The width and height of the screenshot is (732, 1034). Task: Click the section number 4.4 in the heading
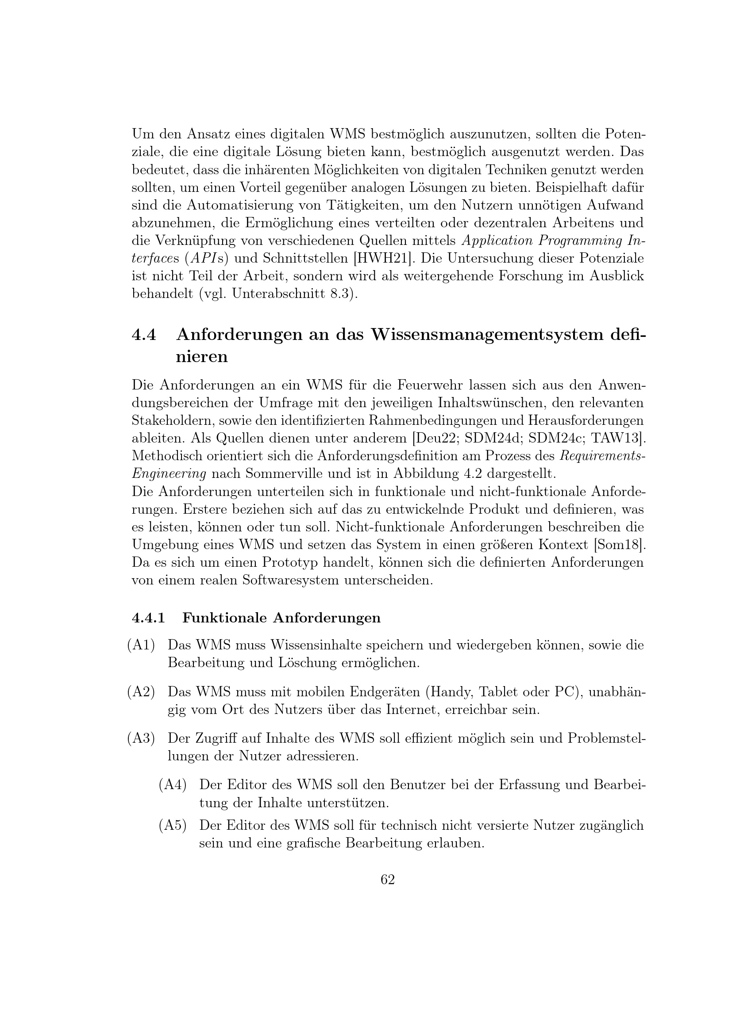click(144, 335)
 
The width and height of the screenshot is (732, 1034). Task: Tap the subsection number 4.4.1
click(148, 618)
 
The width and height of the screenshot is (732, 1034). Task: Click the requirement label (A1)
click(141, 645)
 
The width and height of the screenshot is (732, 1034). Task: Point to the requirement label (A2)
click(141, 691)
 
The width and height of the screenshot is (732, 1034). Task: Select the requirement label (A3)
click(141, 738)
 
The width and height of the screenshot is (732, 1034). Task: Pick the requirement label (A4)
click(173, 785)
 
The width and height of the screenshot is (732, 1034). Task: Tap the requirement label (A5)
click(173, 825)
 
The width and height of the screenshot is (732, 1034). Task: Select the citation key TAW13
click(620, 438)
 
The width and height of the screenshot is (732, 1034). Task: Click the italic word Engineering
click(169, 474)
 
